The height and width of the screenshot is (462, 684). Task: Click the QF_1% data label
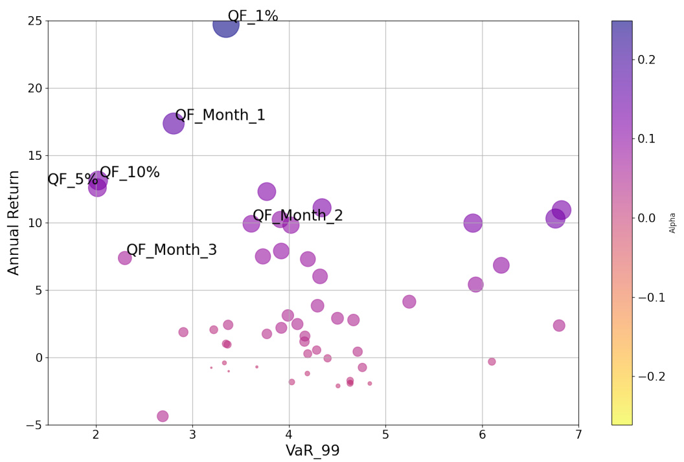pyautogui.click(x=253, y=16)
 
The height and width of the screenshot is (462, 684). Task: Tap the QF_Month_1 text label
pyautogui.click(x=220, y=115)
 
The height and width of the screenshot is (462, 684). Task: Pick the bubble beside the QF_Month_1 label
pyautogui.click(x=174, y=123)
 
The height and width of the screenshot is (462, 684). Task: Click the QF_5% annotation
pyautogui.click(x=72, y=180)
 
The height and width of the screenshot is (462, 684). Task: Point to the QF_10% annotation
pyautogui.click(x=130, y=173)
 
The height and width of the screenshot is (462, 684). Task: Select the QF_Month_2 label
pyautogui.click(x=298, y=216)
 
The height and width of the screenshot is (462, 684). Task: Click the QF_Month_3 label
pyautogui.click(x=172, y=250)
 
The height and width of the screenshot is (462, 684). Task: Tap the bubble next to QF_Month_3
pyautogui.click(x=125, y=258)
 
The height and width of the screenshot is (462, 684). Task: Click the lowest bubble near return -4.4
pyautogui.click(x=163, y=416)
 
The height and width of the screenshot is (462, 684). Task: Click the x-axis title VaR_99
pyautogui.click(x=313, y=451)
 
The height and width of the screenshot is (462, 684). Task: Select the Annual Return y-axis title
pyautogui.click(x=14, y=223)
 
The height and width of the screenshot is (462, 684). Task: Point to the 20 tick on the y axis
pyautogui.click(x=34, y=88)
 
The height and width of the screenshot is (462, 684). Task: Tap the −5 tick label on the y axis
pyautogui.click(x=32, y=425)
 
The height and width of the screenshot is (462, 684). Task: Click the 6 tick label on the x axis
pyautogui.click(x=482, y=434)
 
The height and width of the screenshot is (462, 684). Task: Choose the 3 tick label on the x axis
pyautogui.click(x=192, y=434)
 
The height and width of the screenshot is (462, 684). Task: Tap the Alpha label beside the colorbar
pyautogui.click(x=672, y=223)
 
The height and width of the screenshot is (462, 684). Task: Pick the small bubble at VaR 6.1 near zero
pyautogui.click(x=492, y=362)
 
